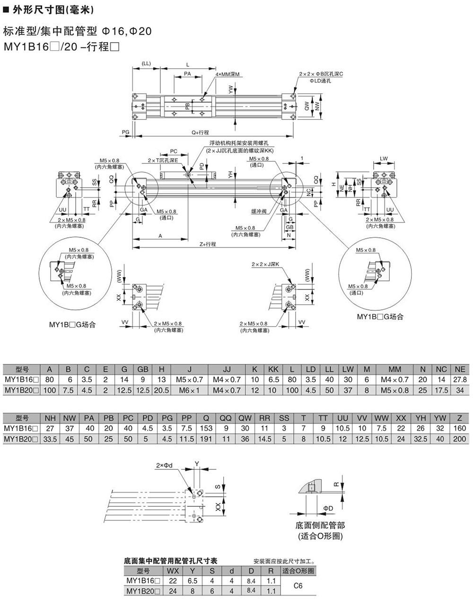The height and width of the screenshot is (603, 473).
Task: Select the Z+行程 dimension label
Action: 208,244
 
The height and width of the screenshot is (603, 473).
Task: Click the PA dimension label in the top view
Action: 187,74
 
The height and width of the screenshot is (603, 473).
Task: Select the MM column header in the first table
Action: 394,369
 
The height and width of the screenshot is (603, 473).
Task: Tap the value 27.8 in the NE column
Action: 459,379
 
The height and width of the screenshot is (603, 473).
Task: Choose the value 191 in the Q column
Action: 206,439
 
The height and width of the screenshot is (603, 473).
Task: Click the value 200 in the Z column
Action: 459,439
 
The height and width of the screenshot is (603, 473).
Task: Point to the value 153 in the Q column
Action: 206,428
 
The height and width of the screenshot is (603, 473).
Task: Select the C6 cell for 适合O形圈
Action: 298,585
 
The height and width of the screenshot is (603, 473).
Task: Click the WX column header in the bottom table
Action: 173,571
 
